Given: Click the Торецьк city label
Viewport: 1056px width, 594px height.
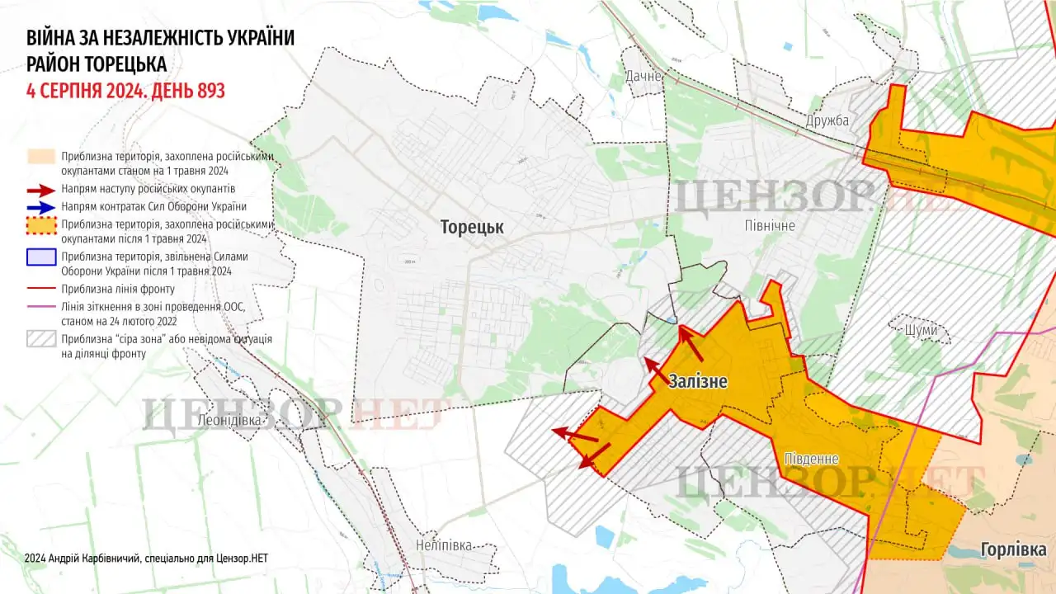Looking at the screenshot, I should point(471,227).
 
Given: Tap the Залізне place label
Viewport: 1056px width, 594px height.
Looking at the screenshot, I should point(698,381).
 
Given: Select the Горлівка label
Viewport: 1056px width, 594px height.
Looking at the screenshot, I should point(1013,550).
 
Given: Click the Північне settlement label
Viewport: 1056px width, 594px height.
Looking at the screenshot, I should point(768,225).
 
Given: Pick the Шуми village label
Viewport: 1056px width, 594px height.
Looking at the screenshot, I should point(921,330).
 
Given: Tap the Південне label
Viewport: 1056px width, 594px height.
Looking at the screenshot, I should point(811,459).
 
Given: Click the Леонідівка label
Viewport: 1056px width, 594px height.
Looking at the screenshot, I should point(230,420).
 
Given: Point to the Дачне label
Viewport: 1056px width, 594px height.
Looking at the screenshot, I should point(644,76).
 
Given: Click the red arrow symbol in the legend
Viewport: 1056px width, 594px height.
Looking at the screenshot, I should point(40,189).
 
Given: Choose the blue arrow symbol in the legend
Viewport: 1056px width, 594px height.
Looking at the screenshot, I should point(40,206).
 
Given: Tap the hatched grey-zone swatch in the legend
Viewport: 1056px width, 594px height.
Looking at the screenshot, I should point(40,339).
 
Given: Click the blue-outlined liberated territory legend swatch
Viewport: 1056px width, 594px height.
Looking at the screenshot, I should point(40,257).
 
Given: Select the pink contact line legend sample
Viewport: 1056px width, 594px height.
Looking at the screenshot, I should point(40,306).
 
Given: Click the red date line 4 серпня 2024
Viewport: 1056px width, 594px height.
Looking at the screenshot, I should point(125,91).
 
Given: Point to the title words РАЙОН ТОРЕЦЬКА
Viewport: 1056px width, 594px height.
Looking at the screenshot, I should point(97,64).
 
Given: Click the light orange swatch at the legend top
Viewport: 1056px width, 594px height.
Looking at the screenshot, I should point(40,157).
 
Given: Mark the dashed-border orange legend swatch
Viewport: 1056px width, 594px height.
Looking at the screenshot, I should point(40,224).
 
